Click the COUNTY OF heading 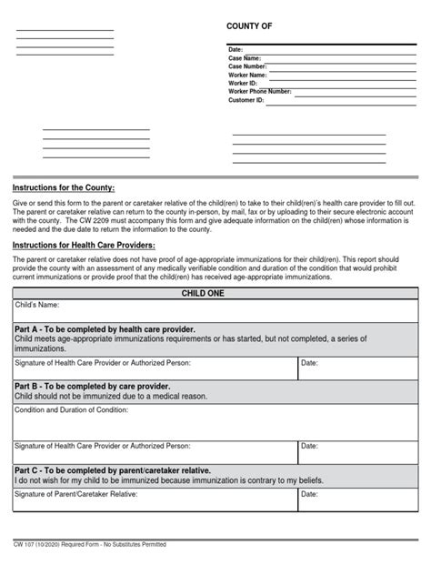click(x=248, y=27)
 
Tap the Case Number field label click(x=247, y=66)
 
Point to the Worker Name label click(x=247, y=75)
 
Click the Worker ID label click(x=243, y=84)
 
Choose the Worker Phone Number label click(x=259, y=92)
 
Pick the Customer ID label click(x=246, y=100)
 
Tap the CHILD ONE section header click(x=215, y=294)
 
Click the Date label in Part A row click(x=309, y=362)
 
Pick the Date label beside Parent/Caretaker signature click(x=309, y=495)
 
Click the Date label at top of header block click(x=236, y=49)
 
